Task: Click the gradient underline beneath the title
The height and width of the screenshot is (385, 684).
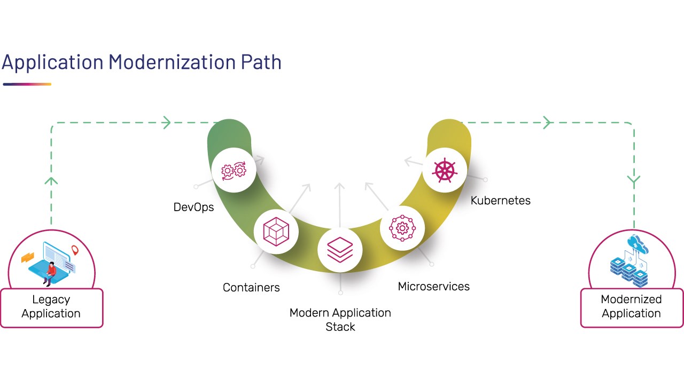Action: [x=27, y=84]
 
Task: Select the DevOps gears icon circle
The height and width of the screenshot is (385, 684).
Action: [x=234, y=171]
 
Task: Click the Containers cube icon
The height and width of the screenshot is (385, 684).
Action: [x=276, y=232]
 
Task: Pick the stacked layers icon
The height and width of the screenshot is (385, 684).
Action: [x=340, y=250]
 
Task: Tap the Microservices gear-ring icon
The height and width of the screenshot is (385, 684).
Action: [x=402, y=228]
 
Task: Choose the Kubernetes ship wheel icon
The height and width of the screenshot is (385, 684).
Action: [x=445, y=171]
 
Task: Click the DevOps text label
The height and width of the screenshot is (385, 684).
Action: [x=193, y=207]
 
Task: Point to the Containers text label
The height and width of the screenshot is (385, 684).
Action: [x=251, y=288]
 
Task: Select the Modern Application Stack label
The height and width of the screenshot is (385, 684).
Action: [x=340, y=319]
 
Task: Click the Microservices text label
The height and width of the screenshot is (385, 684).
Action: [x=434, y=287]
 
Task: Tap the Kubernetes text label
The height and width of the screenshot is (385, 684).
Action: [x=501, y=201]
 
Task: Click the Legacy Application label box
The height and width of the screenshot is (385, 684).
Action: [x=51, y=307]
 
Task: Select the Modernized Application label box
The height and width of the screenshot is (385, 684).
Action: [x=631, y=307]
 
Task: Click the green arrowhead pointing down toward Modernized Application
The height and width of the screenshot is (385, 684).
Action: [x=634, y=181]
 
